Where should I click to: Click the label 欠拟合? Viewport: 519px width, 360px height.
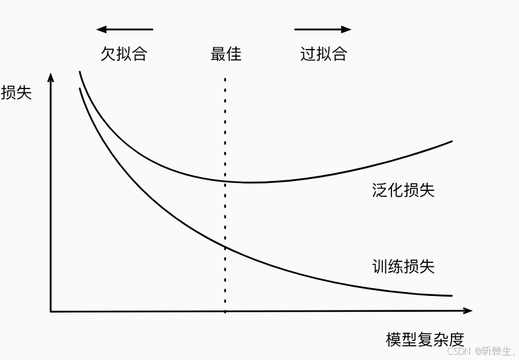(124, 54)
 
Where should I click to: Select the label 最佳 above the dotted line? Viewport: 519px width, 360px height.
(226, 54)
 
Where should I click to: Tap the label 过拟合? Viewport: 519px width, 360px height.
(323, 54)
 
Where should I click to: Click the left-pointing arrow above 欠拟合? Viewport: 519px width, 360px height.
(124, 29)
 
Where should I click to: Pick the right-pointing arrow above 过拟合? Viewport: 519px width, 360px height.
(323, 29)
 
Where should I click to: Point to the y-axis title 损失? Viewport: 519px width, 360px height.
(17, 92)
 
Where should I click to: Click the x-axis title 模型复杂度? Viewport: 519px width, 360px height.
(425, 340)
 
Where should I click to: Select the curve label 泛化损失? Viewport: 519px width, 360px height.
(403, 191)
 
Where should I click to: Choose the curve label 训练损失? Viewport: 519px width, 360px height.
(403, 267)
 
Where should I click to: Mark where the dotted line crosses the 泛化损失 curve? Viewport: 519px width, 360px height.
(225, 181)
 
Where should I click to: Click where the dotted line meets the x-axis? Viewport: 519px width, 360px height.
(225, 310)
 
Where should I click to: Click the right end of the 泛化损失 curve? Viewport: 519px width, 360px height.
(452, 141)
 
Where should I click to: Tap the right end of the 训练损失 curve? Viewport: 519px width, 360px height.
(452, 295)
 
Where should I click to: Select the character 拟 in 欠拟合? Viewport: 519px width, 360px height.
(124, 54)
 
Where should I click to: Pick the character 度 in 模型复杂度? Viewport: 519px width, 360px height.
(456, 340)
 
